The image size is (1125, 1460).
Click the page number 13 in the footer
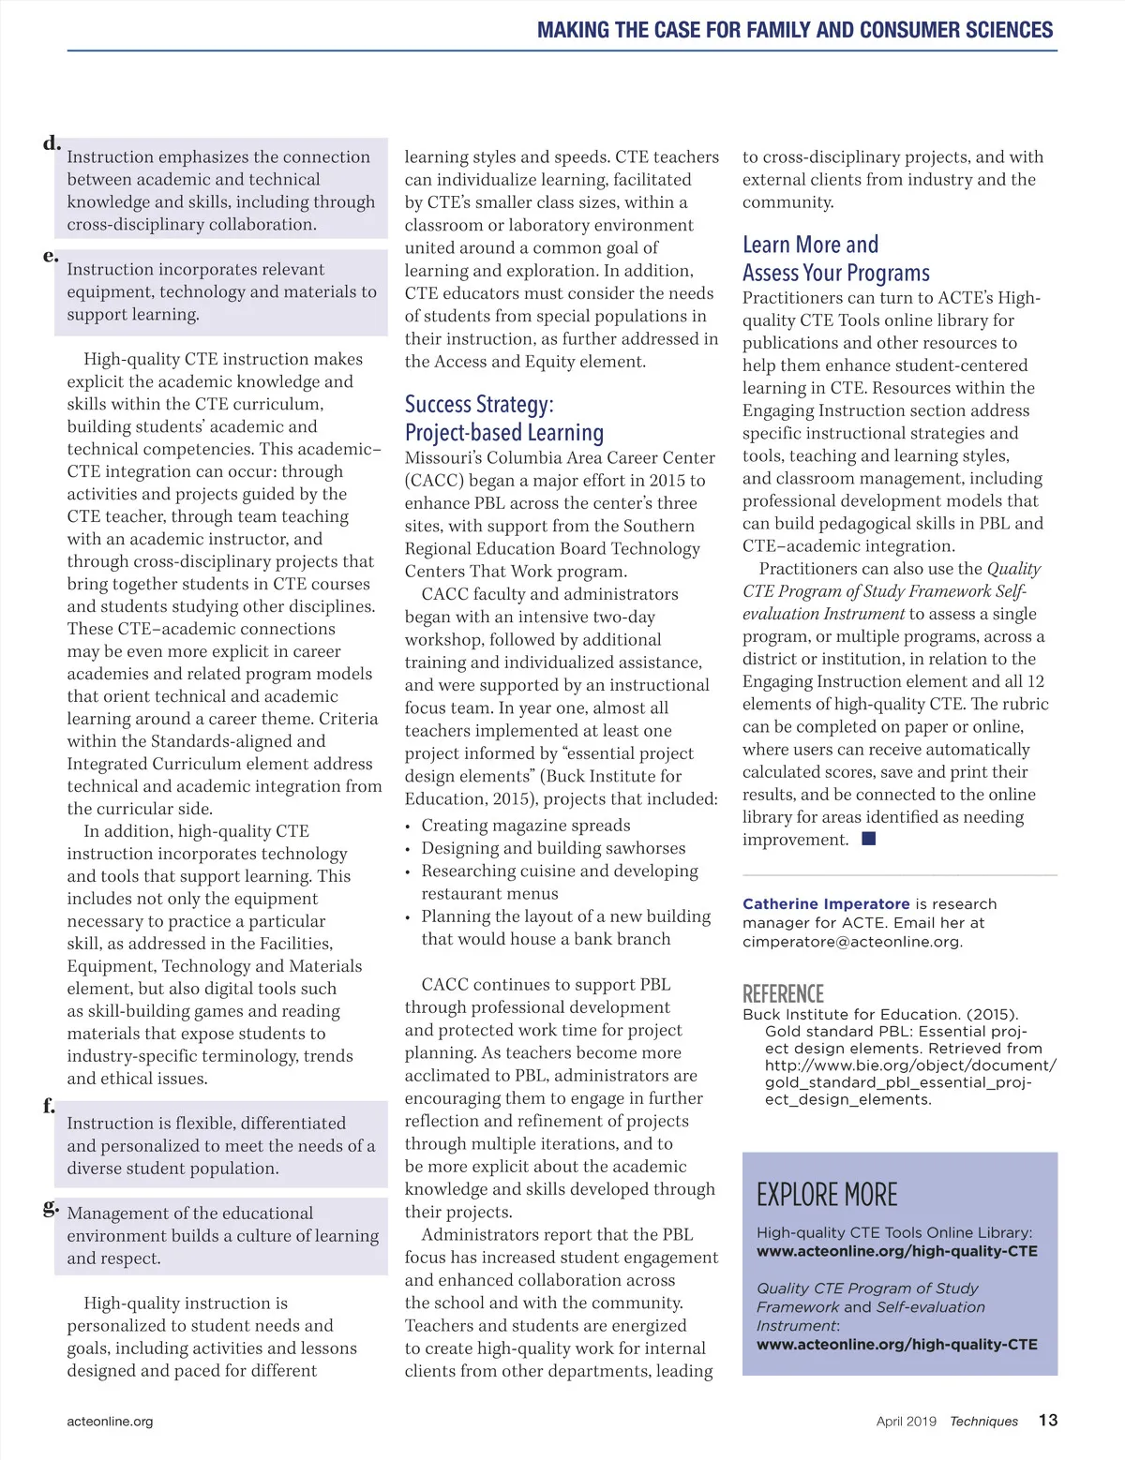click(x=1047, y=1420)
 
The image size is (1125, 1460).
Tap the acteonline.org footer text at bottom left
click(x=110, y=1421)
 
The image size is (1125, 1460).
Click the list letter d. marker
click(x=52, y=142)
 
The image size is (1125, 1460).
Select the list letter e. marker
click(x=51, y=255)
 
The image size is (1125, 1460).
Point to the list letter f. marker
click(x=50, y=1106)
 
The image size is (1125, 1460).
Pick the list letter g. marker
click(x=51, y=1207)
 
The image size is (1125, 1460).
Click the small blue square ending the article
click(x=868, y=839)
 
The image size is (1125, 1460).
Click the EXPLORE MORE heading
click(x=827, y=1195)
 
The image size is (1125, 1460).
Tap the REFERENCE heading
click(x=783, y=993)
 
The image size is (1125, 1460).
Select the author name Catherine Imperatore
click(x=826, y=903)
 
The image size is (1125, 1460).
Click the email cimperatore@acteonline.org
click(x=851, y=941)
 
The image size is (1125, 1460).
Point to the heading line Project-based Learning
click(x=504, y=432)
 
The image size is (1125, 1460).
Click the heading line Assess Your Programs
click(x=836, y=273)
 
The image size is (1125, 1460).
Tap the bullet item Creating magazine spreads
click(x=525, y=826)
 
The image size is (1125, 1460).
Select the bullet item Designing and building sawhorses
click(x=553, y=848)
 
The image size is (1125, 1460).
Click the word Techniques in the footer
click(x=983, y=1421)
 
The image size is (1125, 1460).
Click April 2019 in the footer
click(x=906, y=1421)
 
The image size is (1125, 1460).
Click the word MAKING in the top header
click(x=573, y=30)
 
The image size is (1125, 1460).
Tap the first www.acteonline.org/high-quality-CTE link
click(x=896, y=1251)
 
